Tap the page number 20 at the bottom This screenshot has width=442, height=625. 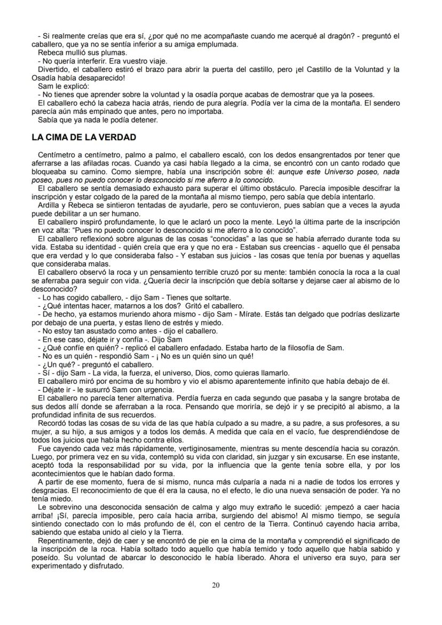(216, 586)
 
